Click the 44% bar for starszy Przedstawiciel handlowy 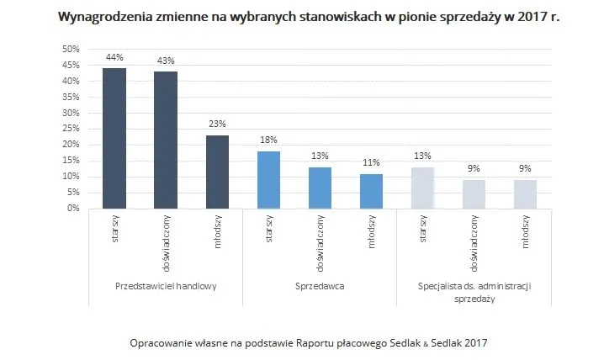[114, 138]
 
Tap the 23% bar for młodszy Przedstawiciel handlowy [217, 172]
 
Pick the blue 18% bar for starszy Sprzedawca [268, 179]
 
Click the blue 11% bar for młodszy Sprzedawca [371, 191]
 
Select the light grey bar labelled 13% [422, 188]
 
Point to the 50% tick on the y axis [71, 50]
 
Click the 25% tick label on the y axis [71, 129]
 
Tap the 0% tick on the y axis [73, 208]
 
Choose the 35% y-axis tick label [71, 97]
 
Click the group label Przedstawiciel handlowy [166, 286]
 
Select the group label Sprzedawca [320, 286]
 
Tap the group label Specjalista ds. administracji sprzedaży [474, 292]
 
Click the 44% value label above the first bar [114, 58]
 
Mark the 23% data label [217, 125]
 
